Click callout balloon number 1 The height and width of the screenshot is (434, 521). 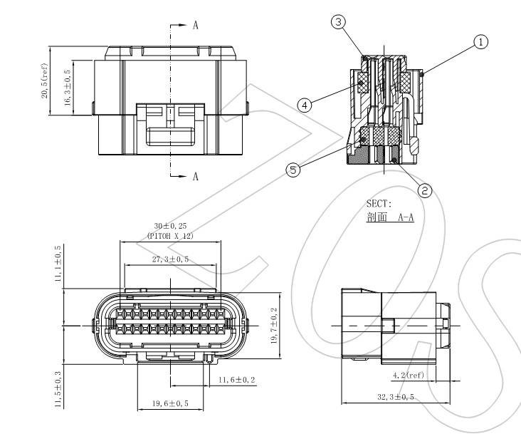(x=482, y=42)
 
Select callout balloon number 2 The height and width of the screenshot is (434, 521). (x=425, y=190)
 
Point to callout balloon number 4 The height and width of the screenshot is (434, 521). (x=304, y=105)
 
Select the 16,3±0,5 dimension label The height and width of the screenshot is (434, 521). (x=68, y=89)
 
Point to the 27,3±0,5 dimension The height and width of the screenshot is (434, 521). (x=169, y=260)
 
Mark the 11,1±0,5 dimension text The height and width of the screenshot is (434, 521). (x=58, y=264)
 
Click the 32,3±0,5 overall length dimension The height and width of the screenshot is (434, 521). (x=396, y=397)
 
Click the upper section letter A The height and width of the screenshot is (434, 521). (x=195, y=24)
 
